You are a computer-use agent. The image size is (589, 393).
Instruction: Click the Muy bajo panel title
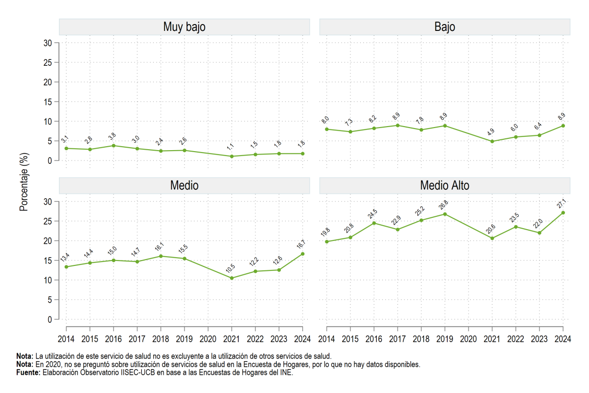click(x=185, y=27)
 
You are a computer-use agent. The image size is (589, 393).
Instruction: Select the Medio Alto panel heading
click(x=445, y=185)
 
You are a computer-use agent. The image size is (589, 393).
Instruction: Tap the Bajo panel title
click(x=445, y=27)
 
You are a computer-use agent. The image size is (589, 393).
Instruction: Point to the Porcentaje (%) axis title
click(x=24, y=182)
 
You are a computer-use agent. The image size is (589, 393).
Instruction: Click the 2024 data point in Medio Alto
click(x=563, y=212)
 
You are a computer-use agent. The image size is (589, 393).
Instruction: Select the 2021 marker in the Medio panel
click(x=232, y=278)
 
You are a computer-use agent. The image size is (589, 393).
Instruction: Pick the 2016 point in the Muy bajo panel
click(x=113, y=146)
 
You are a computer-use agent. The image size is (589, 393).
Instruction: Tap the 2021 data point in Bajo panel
click(x=492, y=141)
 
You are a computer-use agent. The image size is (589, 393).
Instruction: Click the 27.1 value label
click(x=562, y=204)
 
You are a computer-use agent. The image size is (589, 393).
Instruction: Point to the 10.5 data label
click(x=230, y=269)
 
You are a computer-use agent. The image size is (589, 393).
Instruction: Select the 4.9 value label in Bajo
click(x=491, y=132)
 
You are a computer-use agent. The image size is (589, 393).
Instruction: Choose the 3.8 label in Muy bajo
click(x=112, y=136)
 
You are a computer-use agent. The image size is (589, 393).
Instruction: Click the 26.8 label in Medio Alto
click(x=443, y=205)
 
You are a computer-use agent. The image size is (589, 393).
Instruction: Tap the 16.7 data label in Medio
click(x=301, y=244)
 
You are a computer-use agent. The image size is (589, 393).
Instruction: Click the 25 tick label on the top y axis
click(x=48, y=63)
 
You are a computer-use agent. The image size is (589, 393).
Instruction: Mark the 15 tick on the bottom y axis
click(x=48, y=261)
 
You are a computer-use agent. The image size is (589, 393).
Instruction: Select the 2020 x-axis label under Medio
click(x=208, y=339)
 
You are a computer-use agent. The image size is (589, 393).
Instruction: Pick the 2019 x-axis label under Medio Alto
click(x=445, y=339)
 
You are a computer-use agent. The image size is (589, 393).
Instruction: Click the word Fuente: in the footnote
click(x=28, y=372)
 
